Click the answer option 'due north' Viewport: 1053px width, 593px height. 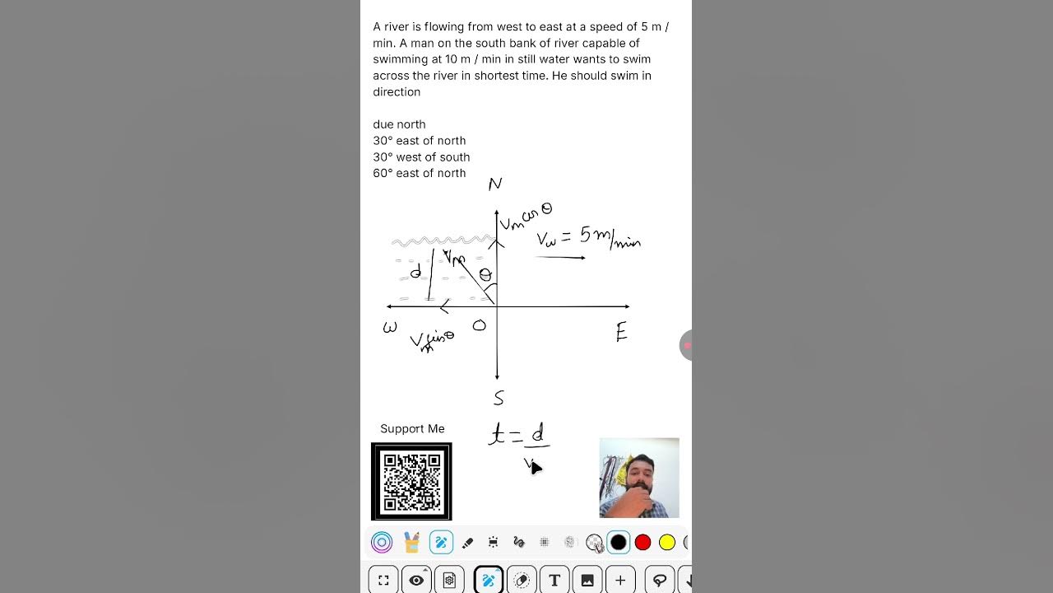pos(399,124)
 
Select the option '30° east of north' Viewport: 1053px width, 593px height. pos(419,141)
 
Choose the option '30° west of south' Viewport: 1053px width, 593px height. pos(421,157)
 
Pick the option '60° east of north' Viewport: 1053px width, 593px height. pos(419,173)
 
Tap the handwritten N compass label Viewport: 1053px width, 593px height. pos(494,184)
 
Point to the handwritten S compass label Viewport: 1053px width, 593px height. pos(499,399)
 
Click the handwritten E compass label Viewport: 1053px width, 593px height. pos(621,333)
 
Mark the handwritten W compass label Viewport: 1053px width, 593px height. pos(390,328)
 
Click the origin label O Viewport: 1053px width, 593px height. pos(480,326)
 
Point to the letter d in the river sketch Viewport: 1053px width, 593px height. pos(415,272)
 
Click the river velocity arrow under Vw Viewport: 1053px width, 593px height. pos(560,258)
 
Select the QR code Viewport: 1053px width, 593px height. pos(411,482)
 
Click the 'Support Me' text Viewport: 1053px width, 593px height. pos(412,429)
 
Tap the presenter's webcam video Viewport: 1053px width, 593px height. pos(639,478)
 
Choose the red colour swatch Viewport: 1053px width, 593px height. pos(642,542)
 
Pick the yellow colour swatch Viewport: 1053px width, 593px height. pos(667,542)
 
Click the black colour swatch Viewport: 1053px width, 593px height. pos(619,542)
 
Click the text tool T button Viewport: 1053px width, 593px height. pos(554,581)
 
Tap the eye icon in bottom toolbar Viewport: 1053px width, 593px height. pos(416,581)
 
